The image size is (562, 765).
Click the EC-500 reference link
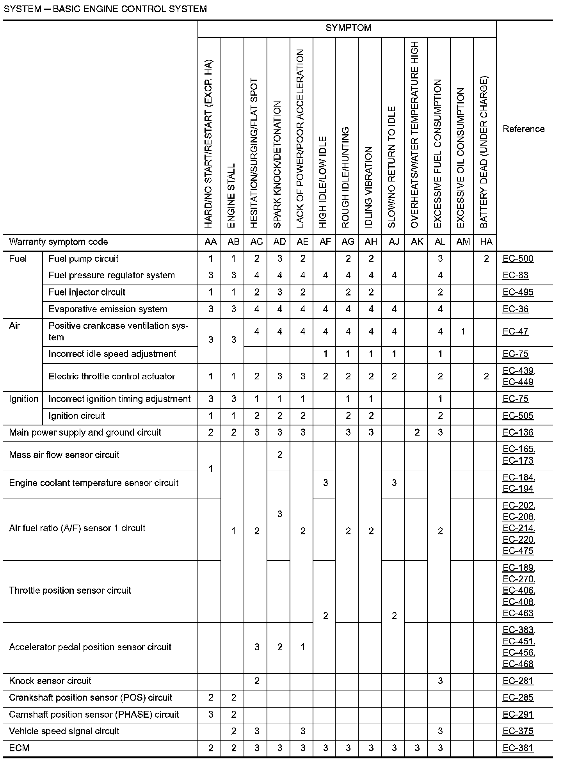point(518,259)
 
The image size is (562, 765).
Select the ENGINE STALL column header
point(231,195)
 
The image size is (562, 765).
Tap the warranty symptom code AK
point(417,242)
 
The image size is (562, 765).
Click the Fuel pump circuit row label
point(84,259)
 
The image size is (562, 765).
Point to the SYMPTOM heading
point(348,28)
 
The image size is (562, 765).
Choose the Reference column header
point(523,129)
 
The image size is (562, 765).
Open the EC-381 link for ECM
point(518,748)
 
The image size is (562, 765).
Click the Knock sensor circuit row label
point(50,681)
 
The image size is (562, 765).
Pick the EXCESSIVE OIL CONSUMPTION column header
point(461,158)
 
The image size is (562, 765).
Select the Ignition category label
point(23,399)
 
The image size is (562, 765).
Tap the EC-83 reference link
point(515,276)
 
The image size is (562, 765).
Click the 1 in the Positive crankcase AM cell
point(463,332)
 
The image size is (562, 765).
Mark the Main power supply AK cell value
point(417,432)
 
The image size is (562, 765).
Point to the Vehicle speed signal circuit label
point(64,731)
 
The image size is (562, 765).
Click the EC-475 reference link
point(518,551)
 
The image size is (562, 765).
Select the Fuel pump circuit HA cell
point(486,259)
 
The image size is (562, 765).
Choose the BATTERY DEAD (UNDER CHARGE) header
point(484,152)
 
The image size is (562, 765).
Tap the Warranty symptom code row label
point(59,242)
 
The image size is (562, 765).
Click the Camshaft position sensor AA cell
point(211,715)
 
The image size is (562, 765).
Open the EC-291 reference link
point(518,715)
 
